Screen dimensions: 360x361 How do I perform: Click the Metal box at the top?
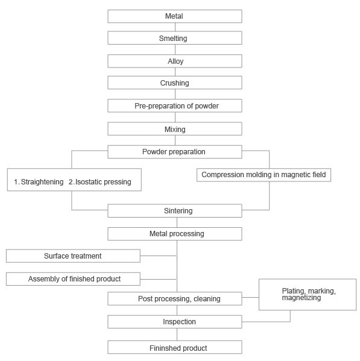[x=175, y=16]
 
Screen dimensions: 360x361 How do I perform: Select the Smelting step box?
[x=175, y=38]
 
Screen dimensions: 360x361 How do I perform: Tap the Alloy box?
[x=175, y=61]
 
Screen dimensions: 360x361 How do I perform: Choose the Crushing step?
[x=175, y=83]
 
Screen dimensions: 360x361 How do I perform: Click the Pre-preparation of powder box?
[x=175, y=105]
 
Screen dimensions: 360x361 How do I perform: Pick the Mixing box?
[x=175, y=129]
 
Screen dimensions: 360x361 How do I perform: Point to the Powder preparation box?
[x=175, y=152]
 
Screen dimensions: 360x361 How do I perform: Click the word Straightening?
[x=42, y=182]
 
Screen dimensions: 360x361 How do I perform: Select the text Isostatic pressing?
[x=103, y=182]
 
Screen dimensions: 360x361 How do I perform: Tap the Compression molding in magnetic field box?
[x=264, y=175]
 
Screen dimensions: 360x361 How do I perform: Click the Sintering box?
[x=175, y=211]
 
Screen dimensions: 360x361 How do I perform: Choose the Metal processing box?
[x=175, y=234]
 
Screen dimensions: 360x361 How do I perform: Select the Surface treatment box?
[x=73, y=256]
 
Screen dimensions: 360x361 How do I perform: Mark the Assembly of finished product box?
[x=73, y=279]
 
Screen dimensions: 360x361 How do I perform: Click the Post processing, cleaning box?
[x=175, y=298]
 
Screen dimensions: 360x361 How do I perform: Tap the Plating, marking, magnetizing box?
[x=308, y=295]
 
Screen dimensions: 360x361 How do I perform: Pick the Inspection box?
[x=175, y=322]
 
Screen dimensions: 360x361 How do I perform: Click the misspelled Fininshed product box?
[x=175, y=347]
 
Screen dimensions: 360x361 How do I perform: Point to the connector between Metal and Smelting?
[x=175, y=27]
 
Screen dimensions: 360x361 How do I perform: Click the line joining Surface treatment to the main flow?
[x=158, y=256]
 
